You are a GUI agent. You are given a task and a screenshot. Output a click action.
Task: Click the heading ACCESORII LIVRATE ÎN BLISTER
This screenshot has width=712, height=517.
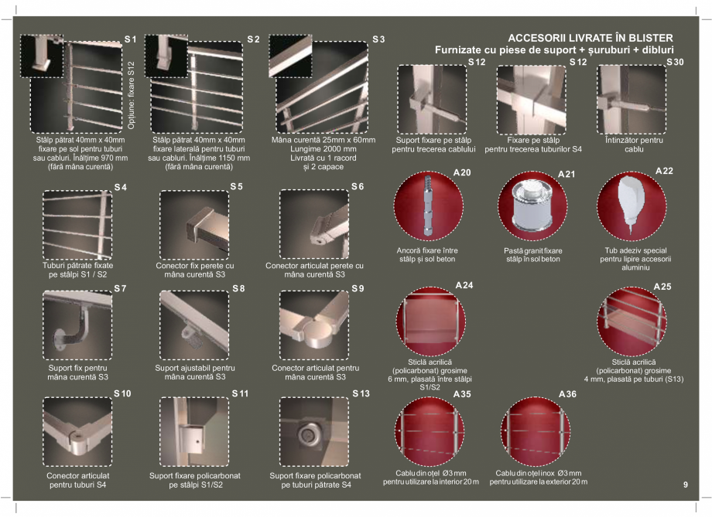click(590, 38)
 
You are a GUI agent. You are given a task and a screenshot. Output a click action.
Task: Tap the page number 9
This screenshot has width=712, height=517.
click(685, 485)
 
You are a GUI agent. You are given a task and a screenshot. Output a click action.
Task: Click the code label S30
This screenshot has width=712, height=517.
click(675, 62)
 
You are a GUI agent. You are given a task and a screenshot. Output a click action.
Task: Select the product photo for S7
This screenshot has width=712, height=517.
click(77, 325)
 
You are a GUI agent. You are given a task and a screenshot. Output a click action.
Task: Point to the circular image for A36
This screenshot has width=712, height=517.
click(535, 431)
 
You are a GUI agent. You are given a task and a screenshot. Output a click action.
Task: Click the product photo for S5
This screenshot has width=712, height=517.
click(193, 225)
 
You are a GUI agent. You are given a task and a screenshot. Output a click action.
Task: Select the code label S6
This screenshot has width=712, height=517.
click(358, 187)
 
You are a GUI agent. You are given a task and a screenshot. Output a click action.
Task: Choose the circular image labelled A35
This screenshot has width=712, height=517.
click(430, 431)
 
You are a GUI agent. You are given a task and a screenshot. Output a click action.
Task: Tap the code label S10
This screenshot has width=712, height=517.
click(122, 393)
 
